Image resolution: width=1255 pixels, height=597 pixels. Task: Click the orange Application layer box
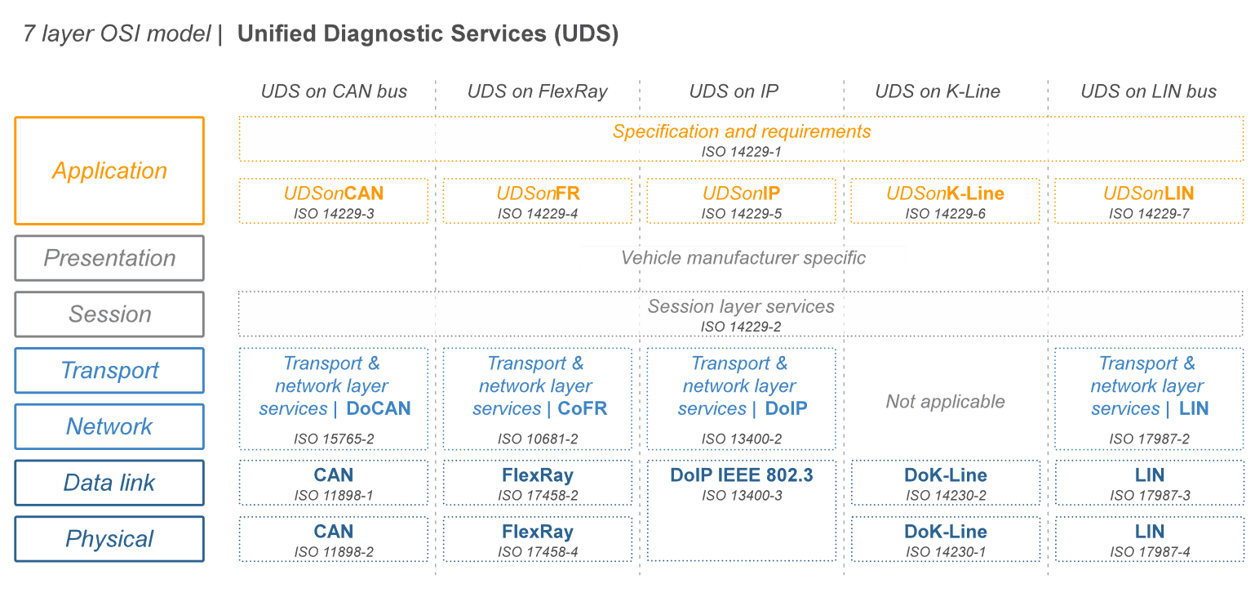(x=109, y=171)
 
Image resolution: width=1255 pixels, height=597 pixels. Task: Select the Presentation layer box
(x=109, y=258)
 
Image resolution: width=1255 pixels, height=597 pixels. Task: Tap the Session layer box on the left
(x=109, y=314)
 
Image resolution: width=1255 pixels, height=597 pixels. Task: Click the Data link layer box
(x=109, y=483)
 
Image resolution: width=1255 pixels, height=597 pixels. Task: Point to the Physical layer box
(x=109, y=539)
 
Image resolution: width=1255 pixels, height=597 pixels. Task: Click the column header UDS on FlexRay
(x=537, y=91)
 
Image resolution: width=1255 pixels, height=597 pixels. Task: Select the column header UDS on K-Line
(x=937, y=91)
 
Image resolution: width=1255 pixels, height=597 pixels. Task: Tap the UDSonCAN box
(x=333, y=200)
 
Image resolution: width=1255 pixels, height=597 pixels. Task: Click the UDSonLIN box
(x=1148, y=200)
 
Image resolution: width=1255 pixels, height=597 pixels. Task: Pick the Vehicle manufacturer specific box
(x=743, y=258)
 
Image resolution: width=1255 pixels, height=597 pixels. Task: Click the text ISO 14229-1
(x=742, y=152)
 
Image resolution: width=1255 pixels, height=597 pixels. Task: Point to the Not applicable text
(x=945, y=402)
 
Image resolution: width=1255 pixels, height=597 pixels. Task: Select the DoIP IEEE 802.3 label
(x=741, y=474)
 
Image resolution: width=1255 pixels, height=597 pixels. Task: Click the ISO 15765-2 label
(x=333, y=439)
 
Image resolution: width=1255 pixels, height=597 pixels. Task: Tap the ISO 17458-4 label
(x=537, y=552)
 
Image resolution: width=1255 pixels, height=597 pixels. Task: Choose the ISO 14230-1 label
(x=945, y=552)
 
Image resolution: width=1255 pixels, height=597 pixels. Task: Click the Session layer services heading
(x=741, y=306)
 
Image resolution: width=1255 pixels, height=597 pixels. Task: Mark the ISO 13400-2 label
(x=741, y=439)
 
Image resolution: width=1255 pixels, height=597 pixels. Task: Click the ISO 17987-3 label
(x=1149, y=496)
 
